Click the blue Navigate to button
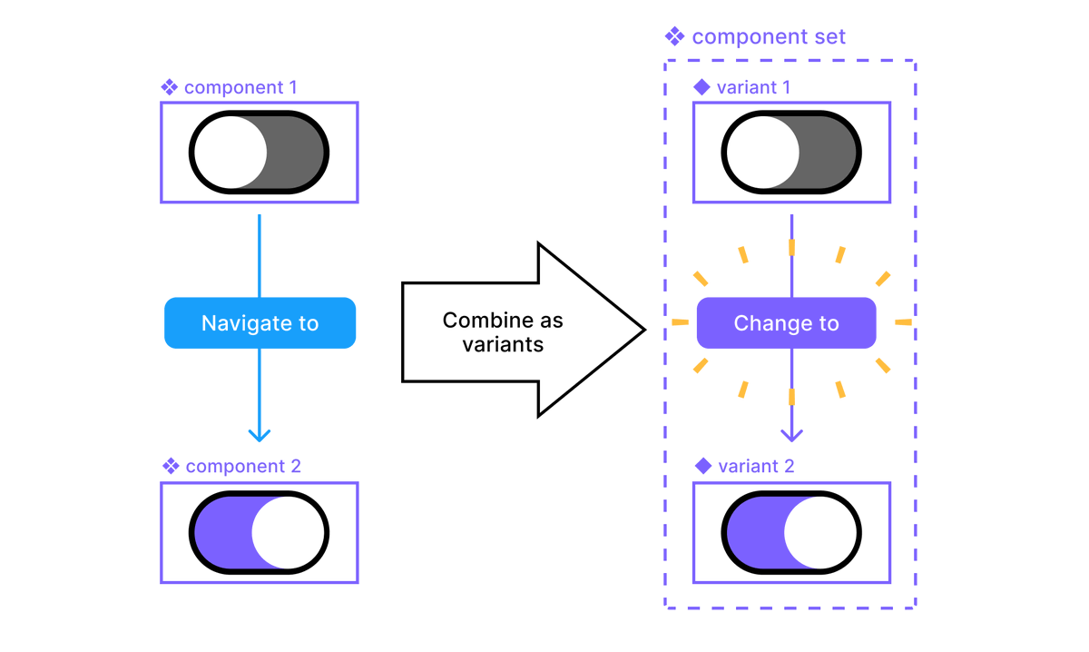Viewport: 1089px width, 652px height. click(260, 323)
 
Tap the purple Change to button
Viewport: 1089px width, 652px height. click(786, 323)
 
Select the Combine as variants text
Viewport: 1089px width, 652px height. click(502, 332)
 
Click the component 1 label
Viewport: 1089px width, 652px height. click(240, 88)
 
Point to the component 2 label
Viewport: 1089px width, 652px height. click(242, 467)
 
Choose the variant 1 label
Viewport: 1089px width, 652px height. click(752, 88)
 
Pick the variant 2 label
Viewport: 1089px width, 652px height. click(755, 467)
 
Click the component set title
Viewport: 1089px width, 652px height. click(768, 37)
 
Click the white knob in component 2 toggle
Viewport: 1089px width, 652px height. click(288, 532)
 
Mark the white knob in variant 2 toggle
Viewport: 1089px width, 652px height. click(820, 532)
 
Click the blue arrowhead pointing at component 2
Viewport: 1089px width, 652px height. click(260, 435)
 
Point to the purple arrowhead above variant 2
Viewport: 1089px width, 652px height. click(792, 435)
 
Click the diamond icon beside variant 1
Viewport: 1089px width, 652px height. click(701, 88)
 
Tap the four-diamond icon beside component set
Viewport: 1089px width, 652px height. click(674, 37)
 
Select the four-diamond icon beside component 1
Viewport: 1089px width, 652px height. click(169, 88)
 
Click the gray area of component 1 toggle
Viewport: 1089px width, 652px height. click(296, 153)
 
